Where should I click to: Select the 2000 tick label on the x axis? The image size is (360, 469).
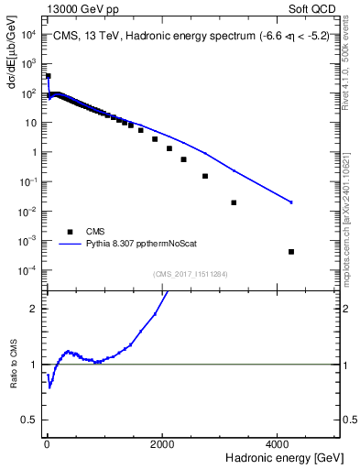point(162,443)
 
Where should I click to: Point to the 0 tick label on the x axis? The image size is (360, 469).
point(46,443)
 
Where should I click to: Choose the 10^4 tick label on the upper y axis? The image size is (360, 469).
point(27,35)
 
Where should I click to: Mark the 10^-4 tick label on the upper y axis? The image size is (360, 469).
point(27,270)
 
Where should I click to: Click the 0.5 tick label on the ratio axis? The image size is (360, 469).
point(29,420)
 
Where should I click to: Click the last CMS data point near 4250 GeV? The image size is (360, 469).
point(291,251)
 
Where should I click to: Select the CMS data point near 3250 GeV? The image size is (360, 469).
point(234,202)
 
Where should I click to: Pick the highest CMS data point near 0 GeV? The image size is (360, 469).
point(48,76)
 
